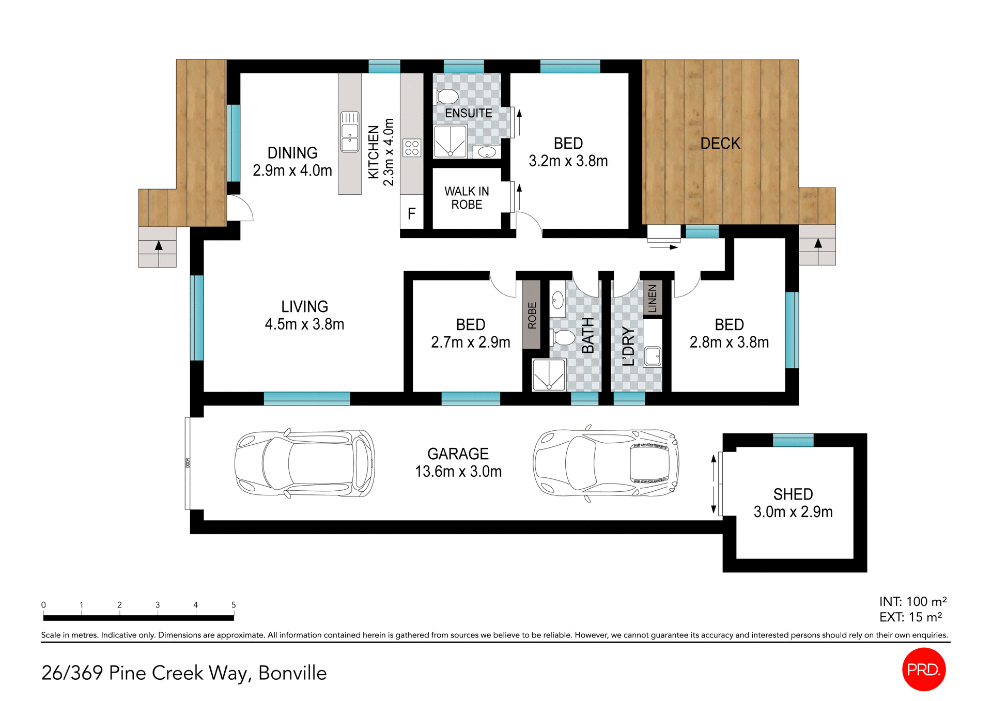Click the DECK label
pyautogui.click(x=720, y=144)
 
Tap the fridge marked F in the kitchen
pyautogui.click(x=412, y=213)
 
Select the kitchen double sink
pyautogui.click(x=350, y=132)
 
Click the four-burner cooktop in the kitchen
pyautogui.click(x=412, y=148)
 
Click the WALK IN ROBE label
pyautogui.click(x=467, y=198)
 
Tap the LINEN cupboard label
pyautogui.click(x=652, y=298)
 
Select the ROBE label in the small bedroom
pyautogui.click(x=532, y=315)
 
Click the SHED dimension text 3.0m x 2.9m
pyautogui.click(x=793, y=512)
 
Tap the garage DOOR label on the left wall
pyautogui.click(x=188, y=463)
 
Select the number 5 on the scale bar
pyautogui.click(x=234, y=605)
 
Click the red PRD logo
pyautogui.click(x=924, y=669)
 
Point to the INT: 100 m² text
pyautogui.click(x=912, y=602)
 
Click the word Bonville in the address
pyautogui.click(x=292, y=673)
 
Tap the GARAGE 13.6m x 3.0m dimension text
pyautogui.click(x=458, y=471)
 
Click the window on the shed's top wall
pyautogui.click(x=793, y=440)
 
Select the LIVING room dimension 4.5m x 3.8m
pyautogui.click(x=304, y=324)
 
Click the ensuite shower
pyautogui.click(x=450, y=141)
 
